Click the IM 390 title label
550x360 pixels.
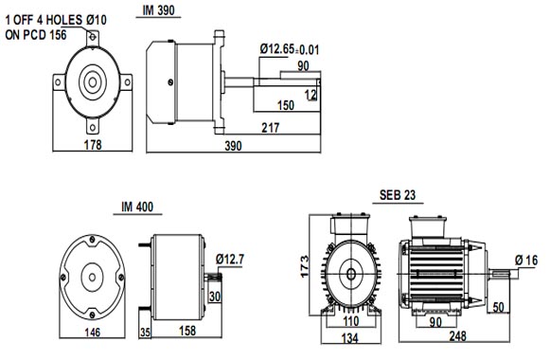point(158,10)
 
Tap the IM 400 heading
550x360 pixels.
point(137,207)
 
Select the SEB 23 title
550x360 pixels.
point(398,195)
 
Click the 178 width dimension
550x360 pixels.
point(93,145)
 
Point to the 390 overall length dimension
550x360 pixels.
point(233,146)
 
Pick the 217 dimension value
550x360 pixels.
point(271,128)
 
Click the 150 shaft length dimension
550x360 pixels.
point(286,105)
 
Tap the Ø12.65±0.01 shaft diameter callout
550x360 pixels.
point(290,49)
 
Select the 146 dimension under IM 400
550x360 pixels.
point(92,332)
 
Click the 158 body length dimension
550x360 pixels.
point(187,331)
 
